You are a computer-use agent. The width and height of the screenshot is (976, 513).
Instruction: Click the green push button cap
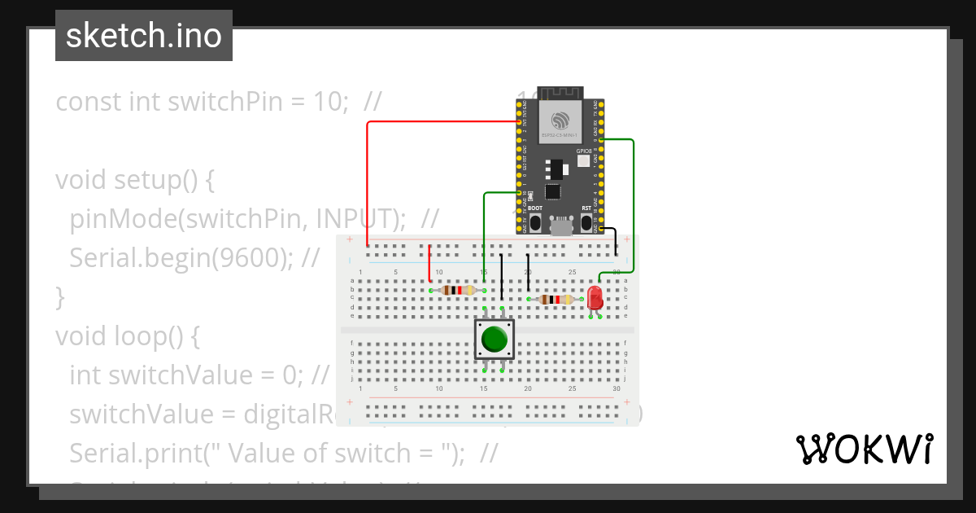[494, 340]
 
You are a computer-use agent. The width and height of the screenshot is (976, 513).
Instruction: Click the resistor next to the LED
[556, 300]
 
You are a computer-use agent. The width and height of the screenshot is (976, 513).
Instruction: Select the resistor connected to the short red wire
[457, 290]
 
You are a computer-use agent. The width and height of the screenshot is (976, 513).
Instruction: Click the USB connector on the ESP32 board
[560, 227]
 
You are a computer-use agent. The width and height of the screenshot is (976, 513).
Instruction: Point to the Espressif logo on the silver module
[560, 121]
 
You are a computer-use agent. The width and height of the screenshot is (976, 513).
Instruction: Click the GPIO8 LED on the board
[583, 161]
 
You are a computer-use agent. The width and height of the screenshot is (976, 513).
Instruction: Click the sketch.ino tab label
[144, 36]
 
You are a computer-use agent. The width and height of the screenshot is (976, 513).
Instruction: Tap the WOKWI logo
[863, 449]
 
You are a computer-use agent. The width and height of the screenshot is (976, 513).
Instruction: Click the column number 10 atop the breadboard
[439, 272]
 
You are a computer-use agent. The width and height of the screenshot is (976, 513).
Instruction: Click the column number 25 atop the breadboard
[573, 272]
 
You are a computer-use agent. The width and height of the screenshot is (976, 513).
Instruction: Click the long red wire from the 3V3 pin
[368, 179]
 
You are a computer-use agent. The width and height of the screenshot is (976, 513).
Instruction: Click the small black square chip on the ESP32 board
[553, 192]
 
